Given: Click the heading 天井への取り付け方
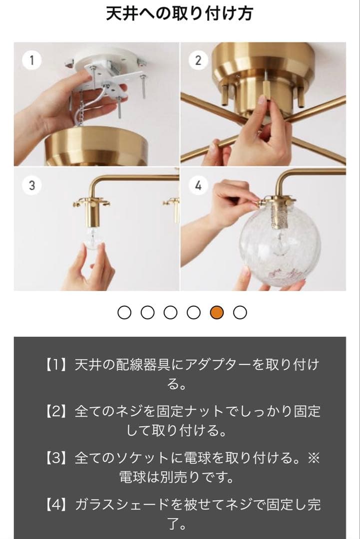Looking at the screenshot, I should pyautogui.click(x=180, y=13).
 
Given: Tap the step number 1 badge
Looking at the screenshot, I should pyautogui.click(x=32, y=60).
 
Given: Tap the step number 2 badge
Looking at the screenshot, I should pyautogui.click(x=198, y=60).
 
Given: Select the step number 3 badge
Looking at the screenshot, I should pyautogui.click(x=32, y=186).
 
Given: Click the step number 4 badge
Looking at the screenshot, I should pyautogui.click(x=198, y=186).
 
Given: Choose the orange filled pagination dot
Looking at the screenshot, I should pyautogui.click(x=217, y=312).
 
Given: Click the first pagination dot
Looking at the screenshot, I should pyautogui.click(x=124, y=312).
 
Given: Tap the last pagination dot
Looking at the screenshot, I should pyautogui.click(x=240, y=312).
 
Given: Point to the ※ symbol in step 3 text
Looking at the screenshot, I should pyautogui.click(x=313, y=458).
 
